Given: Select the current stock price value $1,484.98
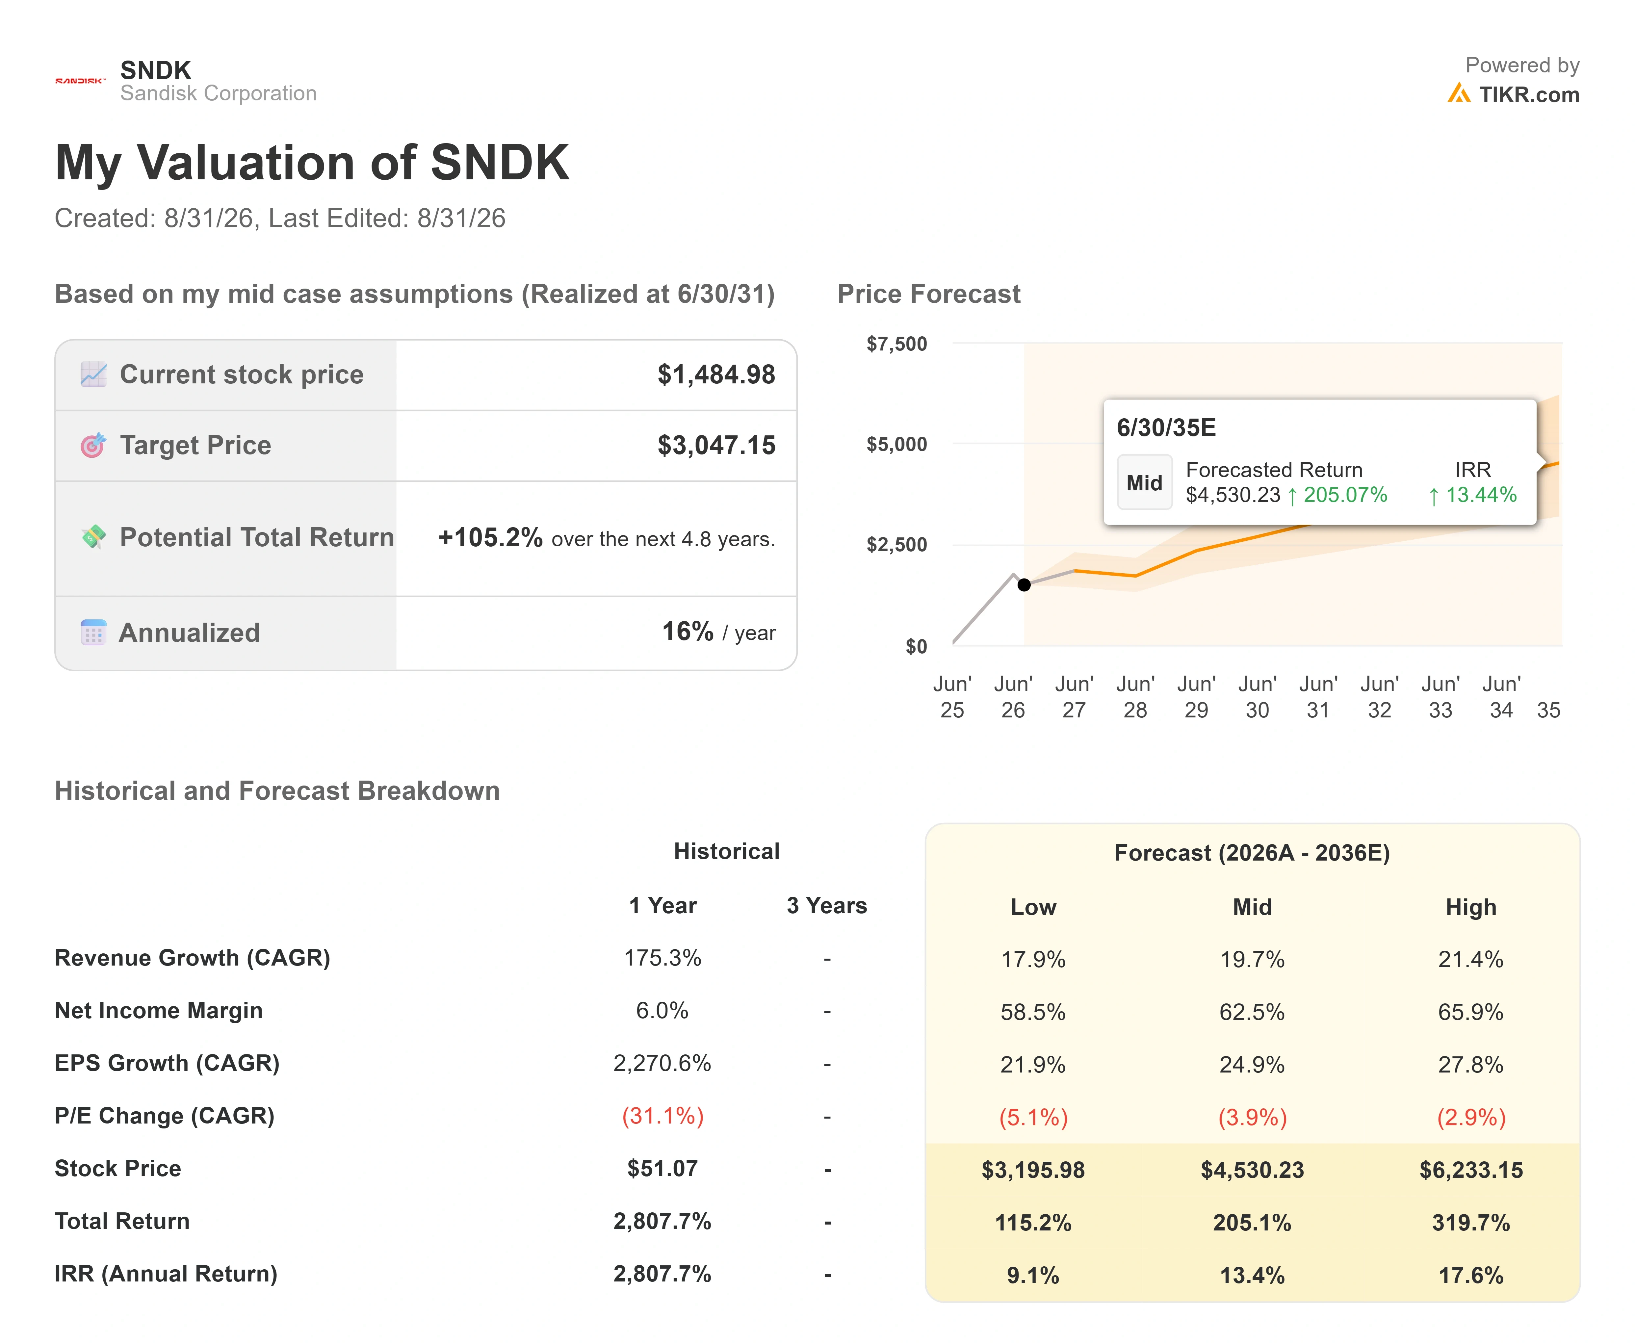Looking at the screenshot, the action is pyautogui.click(x=716, y=375).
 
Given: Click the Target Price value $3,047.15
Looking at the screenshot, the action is pyautogui.click(x=716, y=445).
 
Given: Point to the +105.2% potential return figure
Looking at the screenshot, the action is pyautogui.click(x=490, y=537).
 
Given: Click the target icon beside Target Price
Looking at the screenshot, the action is pyautogui.click(x=93, y=445).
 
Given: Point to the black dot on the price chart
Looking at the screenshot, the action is pyautogui.click(x=1024, y=584).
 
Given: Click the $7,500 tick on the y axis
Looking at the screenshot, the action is pyautogui.click(x=896, y=344).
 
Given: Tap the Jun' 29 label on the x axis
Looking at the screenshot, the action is pyautogui.click(x=1196, y=697).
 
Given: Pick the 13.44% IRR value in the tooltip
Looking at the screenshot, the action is pyautogui.click(x=1472, y=495).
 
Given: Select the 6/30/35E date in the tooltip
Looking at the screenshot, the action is pyautogui.click(x=1166, y=427).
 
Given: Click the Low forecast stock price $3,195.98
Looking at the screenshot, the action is pyautogui.click(x=1033, y=1170).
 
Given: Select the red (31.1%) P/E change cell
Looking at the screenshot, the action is pyautogui.click(x=663, y=1116).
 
